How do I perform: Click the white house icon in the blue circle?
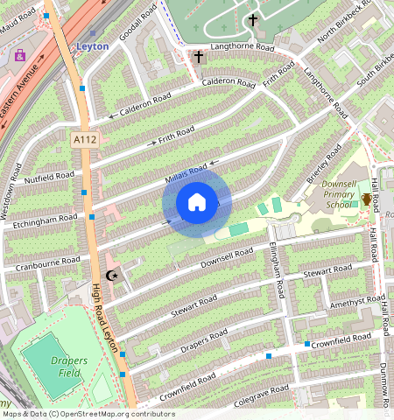[197, 203]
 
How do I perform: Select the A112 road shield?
[85, 139]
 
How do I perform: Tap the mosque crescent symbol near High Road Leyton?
[111, 276]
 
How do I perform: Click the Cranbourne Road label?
[41, 262]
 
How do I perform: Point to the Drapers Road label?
[204, 337]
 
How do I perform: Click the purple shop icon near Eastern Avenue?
[20, 55]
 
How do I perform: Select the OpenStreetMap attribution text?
[88, 414]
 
